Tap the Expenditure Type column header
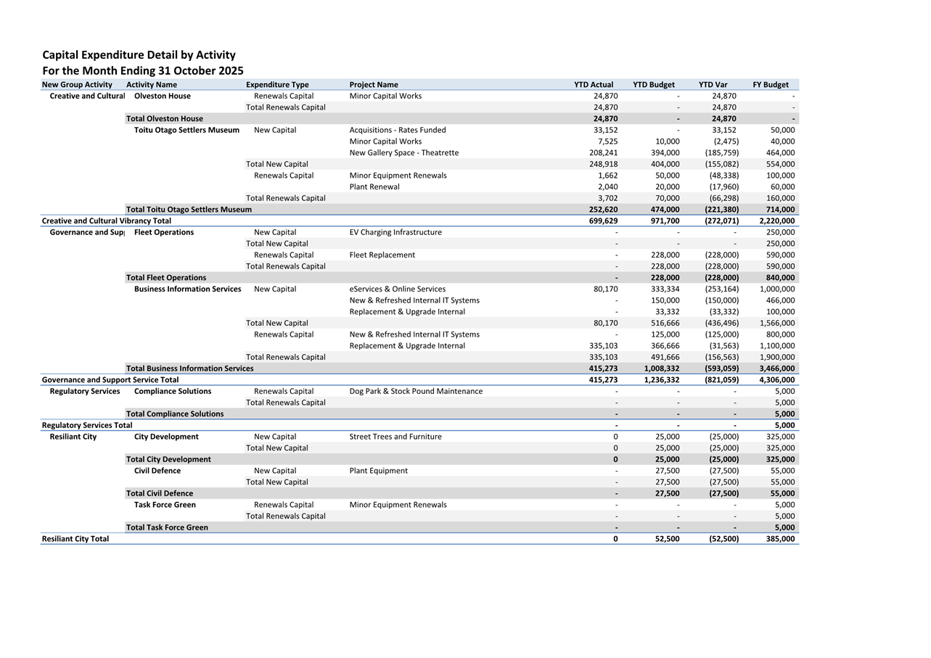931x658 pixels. click(277, 85)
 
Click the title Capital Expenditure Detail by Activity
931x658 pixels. click(139, 55)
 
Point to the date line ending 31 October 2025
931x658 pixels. click(143, 71)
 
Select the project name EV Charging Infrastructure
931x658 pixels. click(395, 232)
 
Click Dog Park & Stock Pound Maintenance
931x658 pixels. click(415, 391)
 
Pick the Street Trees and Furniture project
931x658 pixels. click(395, 437)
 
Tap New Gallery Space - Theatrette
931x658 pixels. click(403, 153)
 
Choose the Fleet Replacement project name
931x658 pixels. click(382, 255)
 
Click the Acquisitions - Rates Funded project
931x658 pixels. click(398, 131)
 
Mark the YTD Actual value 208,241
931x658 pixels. click(603, 153)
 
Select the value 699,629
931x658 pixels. click(603, 221)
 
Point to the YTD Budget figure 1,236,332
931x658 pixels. click(661, 380)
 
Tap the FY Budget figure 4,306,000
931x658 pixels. click(776, 380)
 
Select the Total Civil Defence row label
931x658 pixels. click(160, 493)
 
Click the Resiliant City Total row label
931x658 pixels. click(75, 539)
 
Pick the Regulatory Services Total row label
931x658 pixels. click(87, 425)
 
